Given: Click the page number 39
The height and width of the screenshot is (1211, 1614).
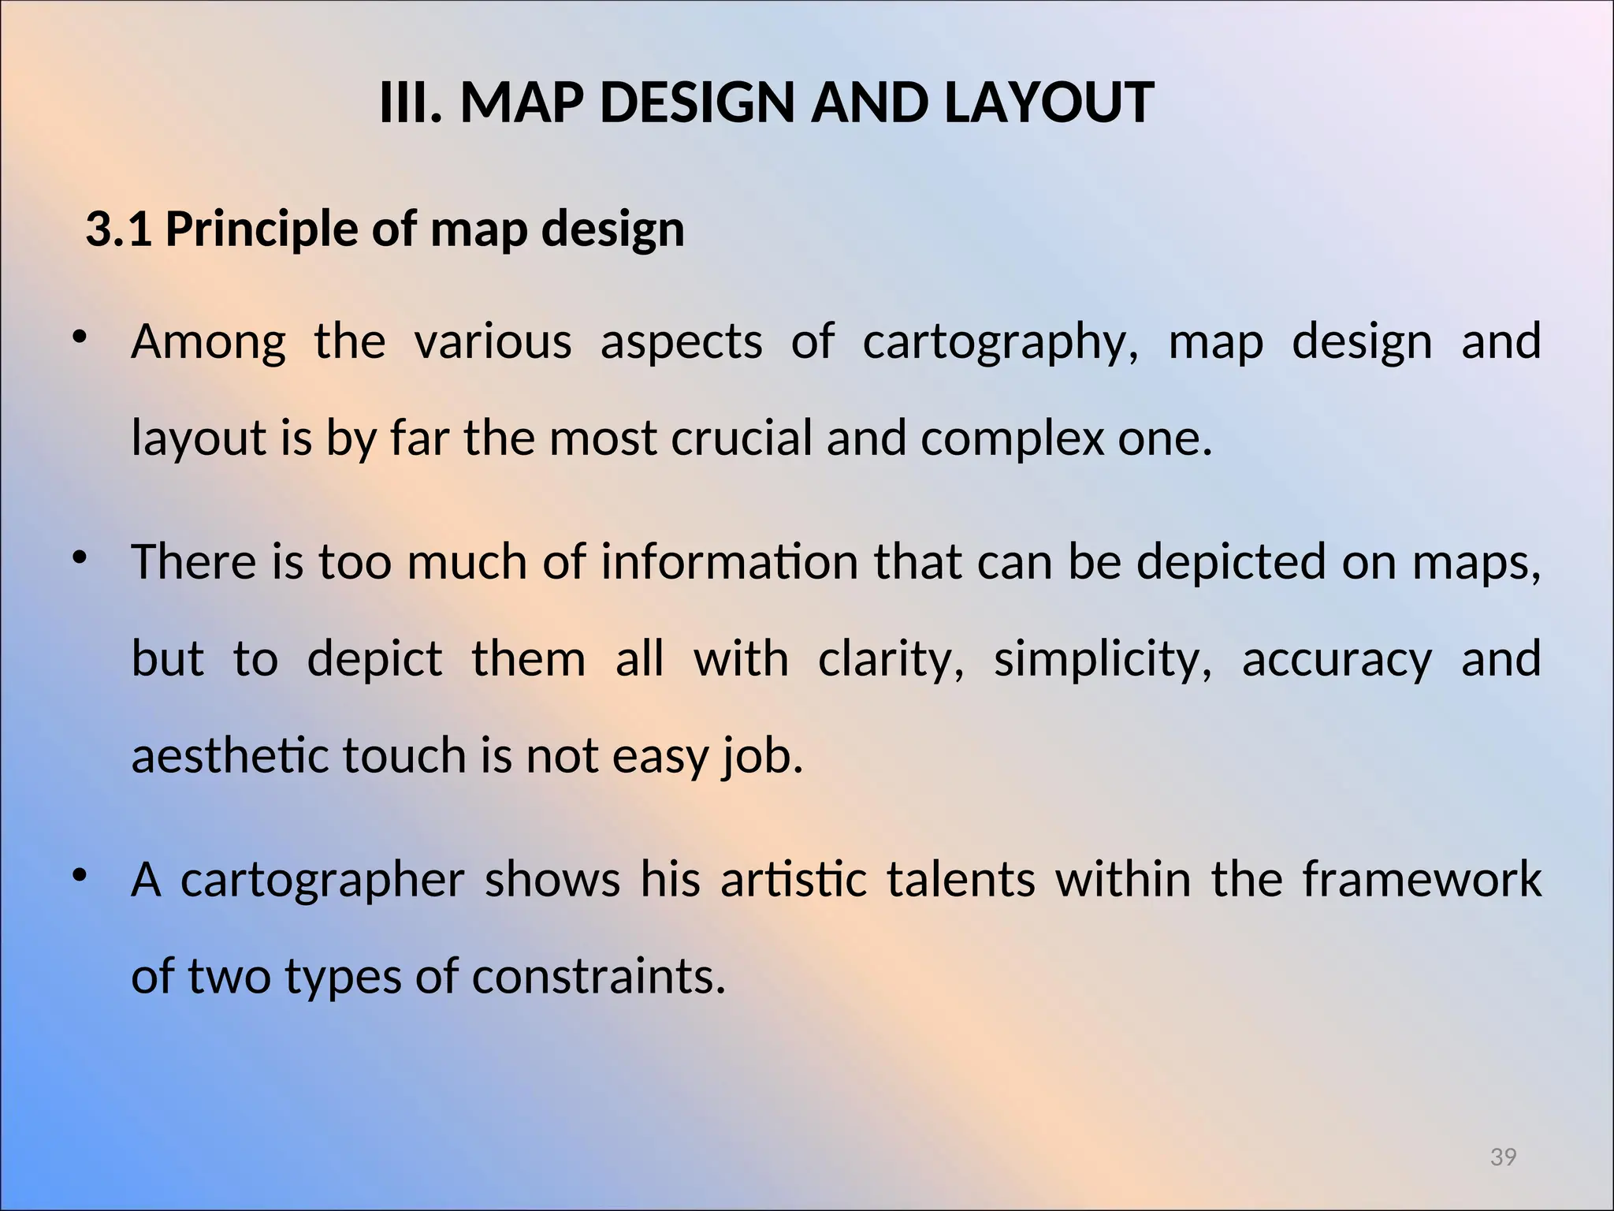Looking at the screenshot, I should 1503,1157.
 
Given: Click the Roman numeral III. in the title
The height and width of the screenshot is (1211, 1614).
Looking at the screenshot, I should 409,103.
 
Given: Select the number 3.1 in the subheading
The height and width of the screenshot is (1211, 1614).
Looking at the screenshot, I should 118,229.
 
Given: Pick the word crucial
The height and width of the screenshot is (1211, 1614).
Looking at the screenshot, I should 741,438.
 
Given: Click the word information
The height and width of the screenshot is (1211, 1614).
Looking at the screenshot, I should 729,562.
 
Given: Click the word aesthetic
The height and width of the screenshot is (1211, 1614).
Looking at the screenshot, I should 229,755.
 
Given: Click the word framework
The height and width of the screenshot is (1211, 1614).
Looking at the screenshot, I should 1421,880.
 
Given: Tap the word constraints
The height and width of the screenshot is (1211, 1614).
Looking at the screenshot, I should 598,976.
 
